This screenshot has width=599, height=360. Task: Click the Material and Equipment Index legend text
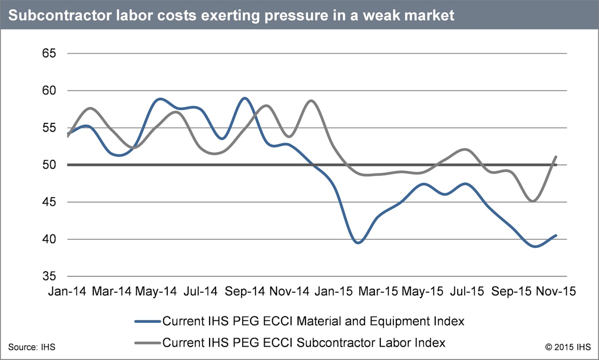313,322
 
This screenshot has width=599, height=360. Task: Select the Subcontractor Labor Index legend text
303,343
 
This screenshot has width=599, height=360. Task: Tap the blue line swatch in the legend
148,322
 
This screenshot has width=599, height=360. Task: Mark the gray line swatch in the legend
148,343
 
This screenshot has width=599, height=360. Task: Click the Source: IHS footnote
31,346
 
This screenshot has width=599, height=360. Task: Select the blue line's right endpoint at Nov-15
556,236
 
